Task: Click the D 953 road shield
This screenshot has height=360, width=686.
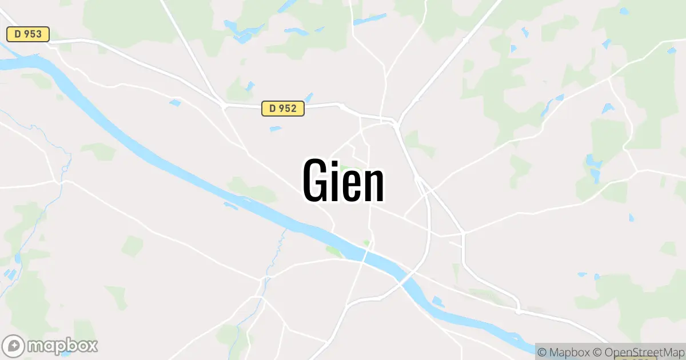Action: (28, 34)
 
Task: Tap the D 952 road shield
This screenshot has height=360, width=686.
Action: (283, 108)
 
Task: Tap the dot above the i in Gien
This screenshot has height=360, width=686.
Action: (338, 162)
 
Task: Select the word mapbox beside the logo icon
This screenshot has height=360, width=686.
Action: (63, 346)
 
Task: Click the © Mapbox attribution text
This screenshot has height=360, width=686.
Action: (563, 351)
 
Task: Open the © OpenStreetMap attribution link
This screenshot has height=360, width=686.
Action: (638, 351)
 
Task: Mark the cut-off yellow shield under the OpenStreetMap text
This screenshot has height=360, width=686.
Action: (632, 358)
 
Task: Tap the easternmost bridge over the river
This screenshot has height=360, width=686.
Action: (407, 280)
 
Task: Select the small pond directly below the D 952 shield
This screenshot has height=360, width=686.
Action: (276, 129)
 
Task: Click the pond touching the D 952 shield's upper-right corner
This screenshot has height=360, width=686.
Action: (309, 97)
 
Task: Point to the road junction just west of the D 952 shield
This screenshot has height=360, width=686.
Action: (223, 105)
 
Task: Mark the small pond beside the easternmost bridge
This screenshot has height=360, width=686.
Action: (438, 301)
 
